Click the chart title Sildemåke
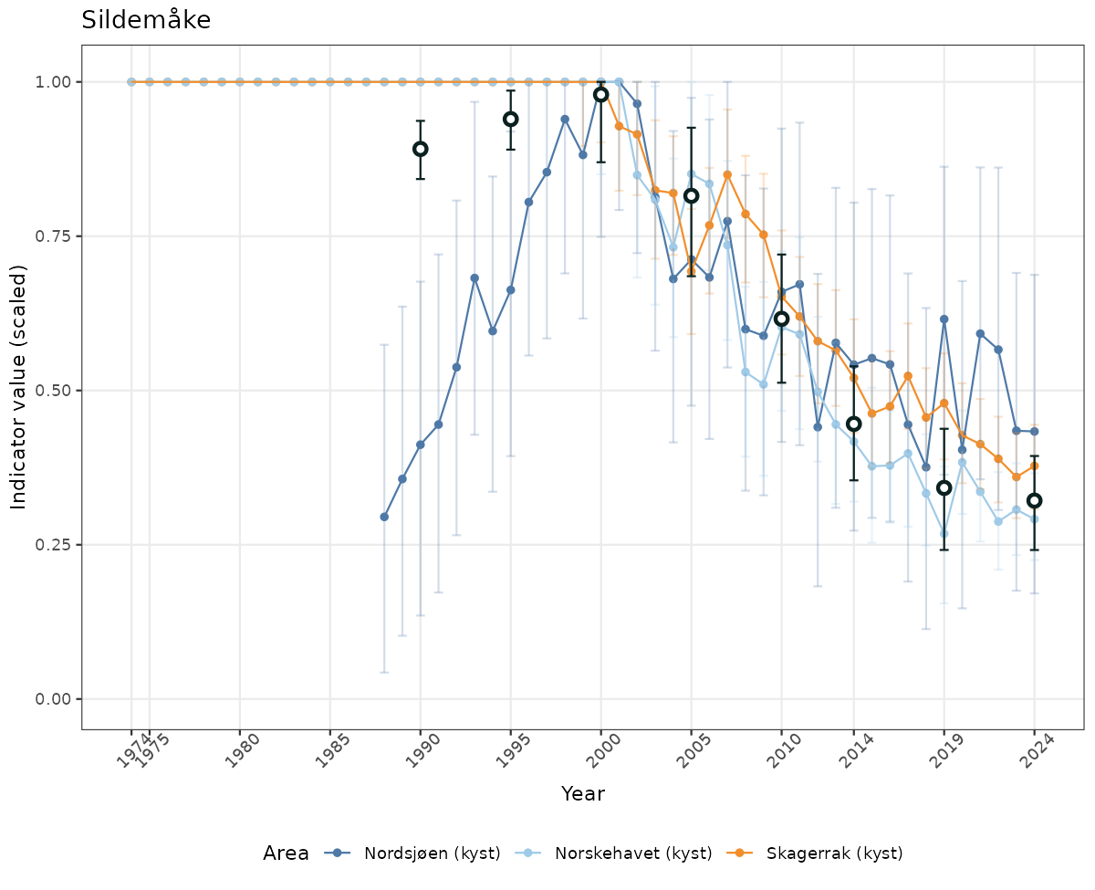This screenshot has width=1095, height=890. coord(146,20)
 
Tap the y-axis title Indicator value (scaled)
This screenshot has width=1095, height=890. coord(19,387)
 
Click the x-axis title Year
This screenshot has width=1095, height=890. coord(582,793)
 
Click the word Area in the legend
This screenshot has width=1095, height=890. coord(286,853)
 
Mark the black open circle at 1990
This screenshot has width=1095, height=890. coord(421,149)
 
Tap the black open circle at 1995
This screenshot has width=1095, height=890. coord(511,120)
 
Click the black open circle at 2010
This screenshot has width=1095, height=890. coord(781,319)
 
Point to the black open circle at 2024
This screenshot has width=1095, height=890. coord(1034,500)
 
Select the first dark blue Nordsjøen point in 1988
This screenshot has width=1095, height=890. coord(384,517)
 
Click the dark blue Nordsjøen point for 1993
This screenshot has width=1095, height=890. coord(474,277)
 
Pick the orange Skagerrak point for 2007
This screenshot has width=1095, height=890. coord(727,174)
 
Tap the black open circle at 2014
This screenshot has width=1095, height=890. coord(853,424)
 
